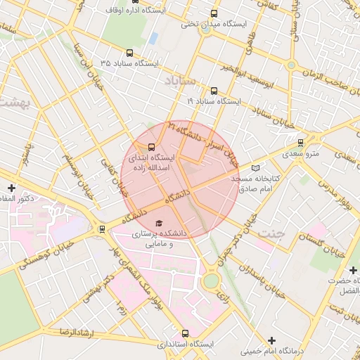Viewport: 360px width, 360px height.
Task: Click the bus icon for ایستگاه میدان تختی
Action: coord(214,13)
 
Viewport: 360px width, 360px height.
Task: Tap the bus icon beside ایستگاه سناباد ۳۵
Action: coord(129,53)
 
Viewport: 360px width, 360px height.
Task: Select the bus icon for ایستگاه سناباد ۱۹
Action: coord(214,91)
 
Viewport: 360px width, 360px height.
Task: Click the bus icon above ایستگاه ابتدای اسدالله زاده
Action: coord(151,147)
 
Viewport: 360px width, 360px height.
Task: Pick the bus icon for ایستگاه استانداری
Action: coord(185,333)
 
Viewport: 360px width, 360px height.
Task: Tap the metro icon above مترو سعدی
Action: coord(301,141)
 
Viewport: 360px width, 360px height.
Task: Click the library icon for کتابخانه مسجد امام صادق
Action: coord(255,168)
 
